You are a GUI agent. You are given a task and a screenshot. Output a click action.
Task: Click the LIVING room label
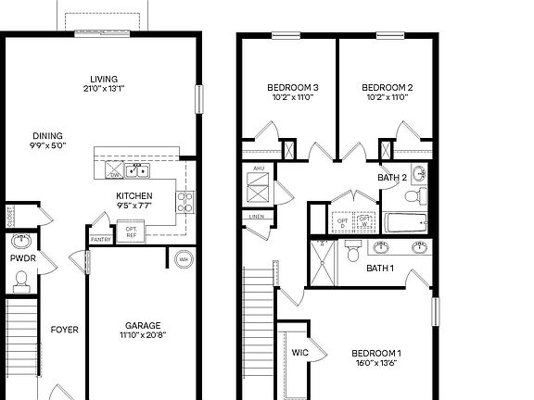[103, 79]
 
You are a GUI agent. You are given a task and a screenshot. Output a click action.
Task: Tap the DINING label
[47, 134]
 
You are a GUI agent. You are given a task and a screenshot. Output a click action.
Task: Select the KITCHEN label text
[133, 195]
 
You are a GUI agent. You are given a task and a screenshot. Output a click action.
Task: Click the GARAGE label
[143, 325]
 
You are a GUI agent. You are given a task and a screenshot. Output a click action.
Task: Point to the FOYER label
[64, 329]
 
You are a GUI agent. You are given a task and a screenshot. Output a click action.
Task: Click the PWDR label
[21, 259]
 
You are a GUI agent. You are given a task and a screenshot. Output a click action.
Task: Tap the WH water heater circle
[183, 258]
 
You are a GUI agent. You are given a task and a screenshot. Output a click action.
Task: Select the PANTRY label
[101, 240]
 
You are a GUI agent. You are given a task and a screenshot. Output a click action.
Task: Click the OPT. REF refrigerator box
[131, 231]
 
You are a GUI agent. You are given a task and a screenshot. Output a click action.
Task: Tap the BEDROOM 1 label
[375, 353]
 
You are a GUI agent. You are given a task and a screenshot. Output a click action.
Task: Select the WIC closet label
[299, 352]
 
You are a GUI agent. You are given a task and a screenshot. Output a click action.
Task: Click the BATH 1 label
[380, 269]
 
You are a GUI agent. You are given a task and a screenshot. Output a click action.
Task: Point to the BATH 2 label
[392, 177]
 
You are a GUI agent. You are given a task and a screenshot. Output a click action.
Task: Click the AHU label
[259, 169]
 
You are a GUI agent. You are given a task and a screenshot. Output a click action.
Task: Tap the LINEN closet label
[257, 218]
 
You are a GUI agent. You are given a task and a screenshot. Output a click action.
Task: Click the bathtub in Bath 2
[405, 222]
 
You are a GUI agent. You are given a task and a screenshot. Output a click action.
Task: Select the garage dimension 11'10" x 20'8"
[143, 336]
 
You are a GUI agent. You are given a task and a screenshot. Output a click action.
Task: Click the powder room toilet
[20, 281]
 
